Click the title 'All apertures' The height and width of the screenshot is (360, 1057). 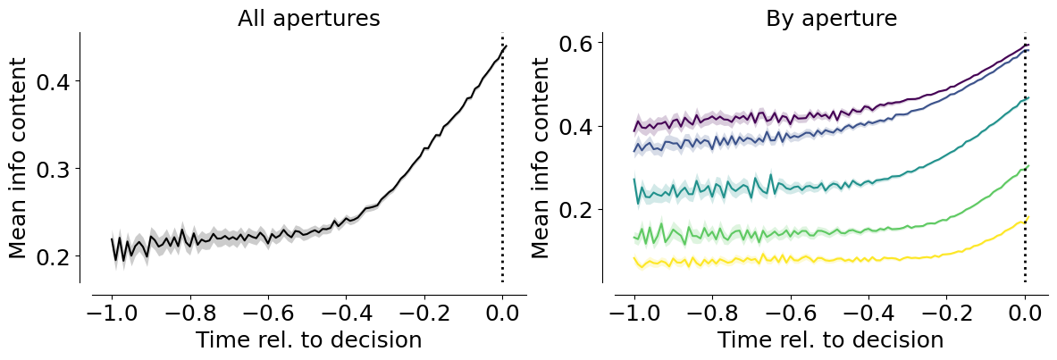coord(309,18)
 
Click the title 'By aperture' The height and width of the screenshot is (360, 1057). coord(831,18)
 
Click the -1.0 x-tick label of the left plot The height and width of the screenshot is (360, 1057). coord(112,314)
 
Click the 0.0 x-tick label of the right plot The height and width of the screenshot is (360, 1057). coord(1026,314)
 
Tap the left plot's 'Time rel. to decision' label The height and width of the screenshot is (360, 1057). coord(309,339)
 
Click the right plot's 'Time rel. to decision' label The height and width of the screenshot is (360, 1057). coord(830,339)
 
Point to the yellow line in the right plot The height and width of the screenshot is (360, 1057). coord(830,259)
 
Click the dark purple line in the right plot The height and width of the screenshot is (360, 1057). coord(830,116)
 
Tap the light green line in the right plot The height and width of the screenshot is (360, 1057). coord(830,232)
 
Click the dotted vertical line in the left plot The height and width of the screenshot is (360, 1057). coord(502,158)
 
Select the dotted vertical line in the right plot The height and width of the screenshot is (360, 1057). coord(1026,158)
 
